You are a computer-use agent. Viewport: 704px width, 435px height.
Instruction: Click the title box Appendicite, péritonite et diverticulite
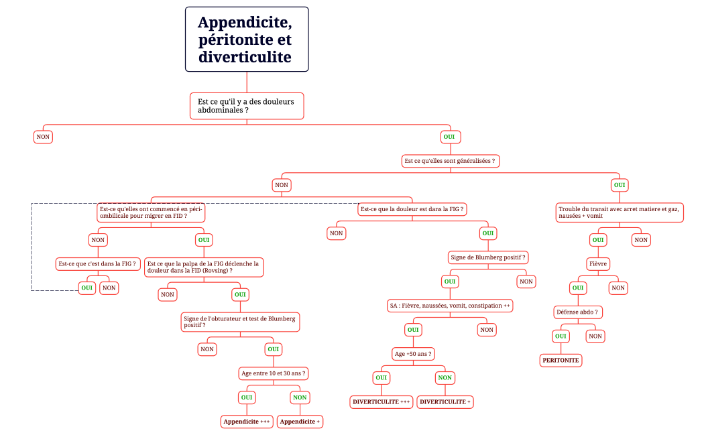(x=247, y=39)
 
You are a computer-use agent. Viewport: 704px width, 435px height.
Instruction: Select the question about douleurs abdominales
(x=247, y=105)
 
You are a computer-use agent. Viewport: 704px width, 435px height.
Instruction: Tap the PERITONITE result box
(x=561, y=360)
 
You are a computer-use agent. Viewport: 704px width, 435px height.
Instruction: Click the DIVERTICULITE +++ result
(x=381, y=401)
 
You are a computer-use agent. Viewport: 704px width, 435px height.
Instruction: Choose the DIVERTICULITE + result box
(x=445, y=401)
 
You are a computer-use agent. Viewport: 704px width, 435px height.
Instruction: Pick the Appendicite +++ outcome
(x=247, y=422)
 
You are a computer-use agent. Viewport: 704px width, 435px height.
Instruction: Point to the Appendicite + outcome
(x=300, y=422)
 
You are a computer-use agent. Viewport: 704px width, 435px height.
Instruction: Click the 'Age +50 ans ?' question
(x=412, y=353)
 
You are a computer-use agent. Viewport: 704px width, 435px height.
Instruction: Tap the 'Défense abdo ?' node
(x=577, y=312)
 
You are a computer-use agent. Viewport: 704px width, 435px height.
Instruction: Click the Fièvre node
(x=598, y=263)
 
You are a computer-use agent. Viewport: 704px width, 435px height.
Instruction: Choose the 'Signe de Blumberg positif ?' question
(x=488, y=257)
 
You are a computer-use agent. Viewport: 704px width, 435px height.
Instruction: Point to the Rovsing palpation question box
(x=203, y=267)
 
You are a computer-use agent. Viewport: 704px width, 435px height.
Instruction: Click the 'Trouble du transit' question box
(x=620, y=212)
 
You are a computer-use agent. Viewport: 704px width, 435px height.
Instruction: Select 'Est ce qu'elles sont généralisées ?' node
(x=451, y=161)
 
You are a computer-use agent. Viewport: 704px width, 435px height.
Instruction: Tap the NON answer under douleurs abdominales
(x=43, y=137)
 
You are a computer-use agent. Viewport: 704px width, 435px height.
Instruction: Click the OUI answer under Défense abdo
(x=561, y=336)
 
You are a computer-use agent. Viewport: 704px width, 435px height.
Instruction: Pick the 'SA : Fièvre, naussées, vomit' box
(x=450, y=305)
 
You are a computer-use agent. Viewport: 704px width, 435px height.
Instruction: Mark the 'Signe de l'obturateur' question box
(x=239, y=321)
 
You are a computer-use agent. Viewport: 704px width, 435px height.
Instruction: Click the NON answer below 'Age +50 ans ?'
(x=445, y=377)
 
